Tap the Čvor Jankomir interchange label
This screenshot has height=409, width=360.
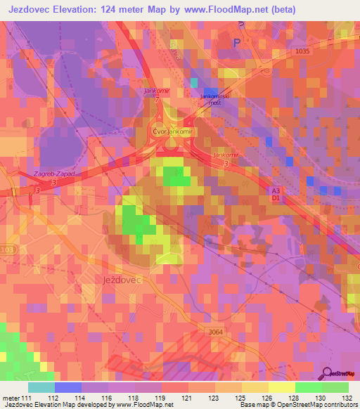pos(172,131)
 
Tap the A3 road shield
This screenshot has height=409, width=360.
pos(276,190)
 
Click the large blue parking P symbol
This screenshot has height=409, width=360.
pos(236,43)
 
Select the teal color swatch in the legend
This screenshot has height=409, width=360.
pos(41,387)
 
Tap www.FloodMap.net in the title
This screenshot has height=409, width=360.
pos(227,10)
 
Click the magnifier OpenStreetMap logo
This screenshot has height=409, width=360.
pos(327,375)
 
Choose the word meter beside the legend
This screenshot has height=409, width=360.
pos(11,398)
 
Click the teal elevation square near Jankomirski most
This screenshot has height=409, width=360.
pos(194,83)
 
